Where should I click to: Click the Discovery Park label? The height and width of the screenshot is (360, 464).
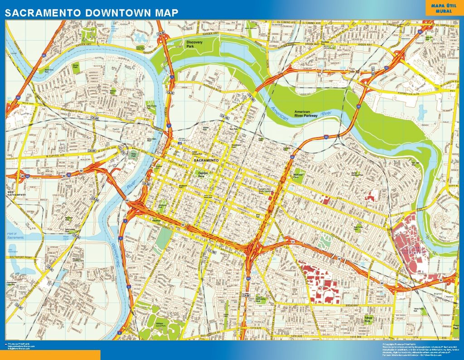point(195,44)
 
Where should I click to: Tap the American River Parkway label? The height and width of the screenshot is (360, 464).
point(308,114)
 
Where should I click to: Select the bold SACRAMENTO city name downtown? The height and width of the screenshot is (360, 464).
point(206,161)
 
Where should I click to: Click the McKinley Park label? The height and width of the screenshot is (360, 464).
point(298,175)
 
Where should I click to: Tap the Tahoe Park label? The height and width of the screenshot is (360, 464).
point(368,320)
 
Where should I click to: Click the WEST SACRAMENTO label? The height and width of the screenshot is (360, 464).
point(17,193)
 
